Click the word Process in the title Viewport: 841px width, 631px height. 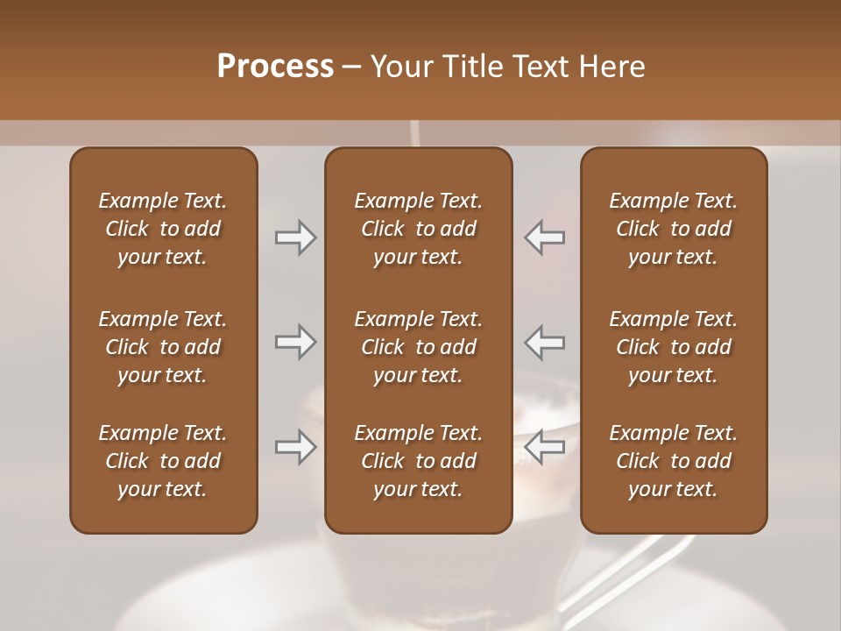tap(275, 67)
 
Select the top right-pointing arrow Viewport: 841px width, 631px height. tap(295, 238)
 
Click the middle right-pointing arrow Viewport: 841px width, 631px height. tap(295, 342)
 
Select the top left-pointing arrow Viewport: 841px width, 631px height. tap(545, 238)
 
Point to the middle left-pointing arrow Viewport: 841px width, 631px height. tap(545, 342)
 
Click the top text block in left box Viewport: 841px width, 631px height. tap(163, 229)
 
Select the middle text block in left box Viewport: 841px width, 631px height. tap(163, 347)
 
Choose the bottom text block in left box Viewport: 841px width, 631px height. tap(163, 461)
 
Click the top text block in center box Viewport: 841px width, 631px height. tap(419, 229)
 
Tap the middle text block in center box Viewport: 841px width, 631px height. tap(419, 347)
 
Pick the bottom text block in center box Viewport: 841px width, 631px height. tap(419, 461)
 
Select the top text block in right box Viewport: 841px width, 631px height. tap(674, 229)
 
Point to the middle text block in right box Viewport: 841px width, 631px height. tap(674, 347)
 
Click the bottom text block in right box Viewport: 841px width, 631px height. tap(674, 461)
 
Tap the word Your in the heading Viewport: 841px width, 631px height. tap(399, 67)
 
